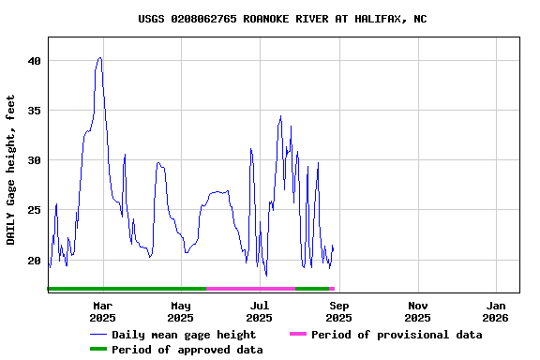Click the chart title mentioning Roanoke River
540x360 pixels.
point(282,19)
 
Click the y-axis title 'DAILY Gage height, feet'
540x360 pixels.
point(11,170)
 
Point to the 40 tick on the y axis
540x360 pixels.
point(35,61)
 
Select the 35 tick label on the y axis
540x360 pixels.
point(35,111)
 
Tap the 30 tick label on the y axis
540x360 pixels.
point(35,160)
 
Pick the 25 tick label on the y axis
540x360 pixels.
point(35,210)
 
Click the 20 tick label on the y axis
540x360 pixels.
point(35,261)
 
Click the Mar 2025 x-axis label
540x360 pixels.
point(102,311)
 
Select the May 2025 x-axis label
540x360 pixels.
point(181,311)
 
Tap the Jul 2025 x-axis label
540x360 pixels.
point(260,311)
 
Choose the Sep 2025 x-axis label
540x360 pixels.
point(339,311)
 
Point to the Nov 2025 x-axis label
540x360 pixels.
point(418,311)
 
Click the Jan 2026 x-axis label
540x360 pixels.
point(497,311)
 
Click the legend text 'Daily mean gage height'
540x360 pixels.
point(184,335)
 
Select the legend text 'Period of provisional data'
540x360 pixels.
point(397,335)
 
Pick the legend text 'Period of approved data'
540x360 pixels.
point(187,350)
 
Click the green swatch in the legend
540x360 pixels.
point(98,350)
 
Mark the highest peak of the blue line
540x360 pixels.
point(99,57)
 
